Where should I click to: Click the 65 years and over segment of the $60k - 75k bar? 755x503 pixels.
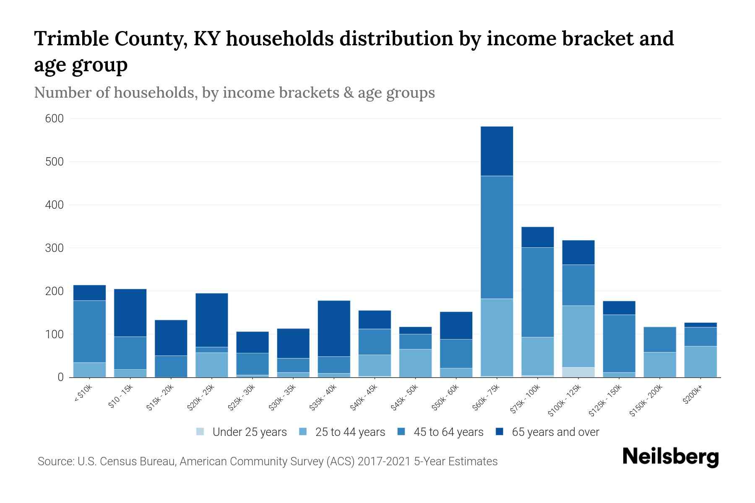(x=497, y=151)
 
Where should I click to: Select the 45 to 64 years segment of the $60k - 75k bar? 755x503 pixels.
(x=497, y=237)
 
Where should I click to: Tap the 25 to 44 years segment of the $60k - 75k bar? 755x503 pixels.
(x=497, y=337)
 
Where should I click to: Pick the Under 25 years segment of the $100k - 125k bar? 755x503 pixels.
(x=578, y=372)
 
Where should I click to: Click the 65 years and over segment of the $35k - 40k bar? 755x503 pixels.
(x=334, y=328)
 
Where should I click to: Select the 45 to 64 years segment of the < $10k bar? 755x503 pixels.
(x=89, y=331)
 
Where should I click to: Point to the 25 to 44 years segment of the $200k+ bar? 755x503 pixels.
(x=700, y=361)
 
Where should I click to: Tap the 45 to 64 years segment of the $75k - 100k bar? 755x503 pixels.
(x=537, y=292)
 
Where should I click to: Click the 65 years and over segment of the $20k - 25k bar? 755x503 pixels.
(x=211, y=320)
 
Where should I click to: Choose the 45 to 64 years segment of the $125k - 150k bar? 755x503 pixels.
(x=619, y=343)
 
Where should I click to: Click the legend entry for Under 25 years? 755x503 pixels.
(x=242, y=432)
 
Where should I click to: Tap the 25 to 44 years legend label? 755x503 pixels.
(x=350, y=432)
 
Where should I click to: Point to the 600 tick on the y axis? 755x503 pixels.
(x=54, y=119)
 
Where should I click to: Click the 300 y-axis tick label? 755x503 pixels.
(x=54, y=248)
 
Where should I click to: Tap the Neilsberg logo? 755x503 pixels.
(x=670, y=457)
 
